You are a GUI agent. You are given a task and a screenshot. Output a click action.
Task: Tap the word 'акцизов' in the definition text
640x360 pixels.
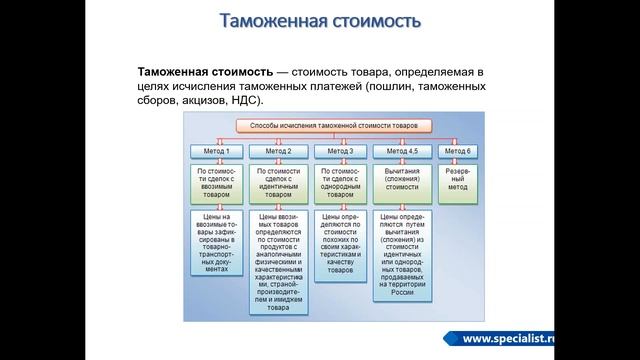205,100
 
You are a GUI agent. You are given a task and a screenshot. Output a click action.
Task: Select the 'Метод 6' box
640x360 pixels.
457,151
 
